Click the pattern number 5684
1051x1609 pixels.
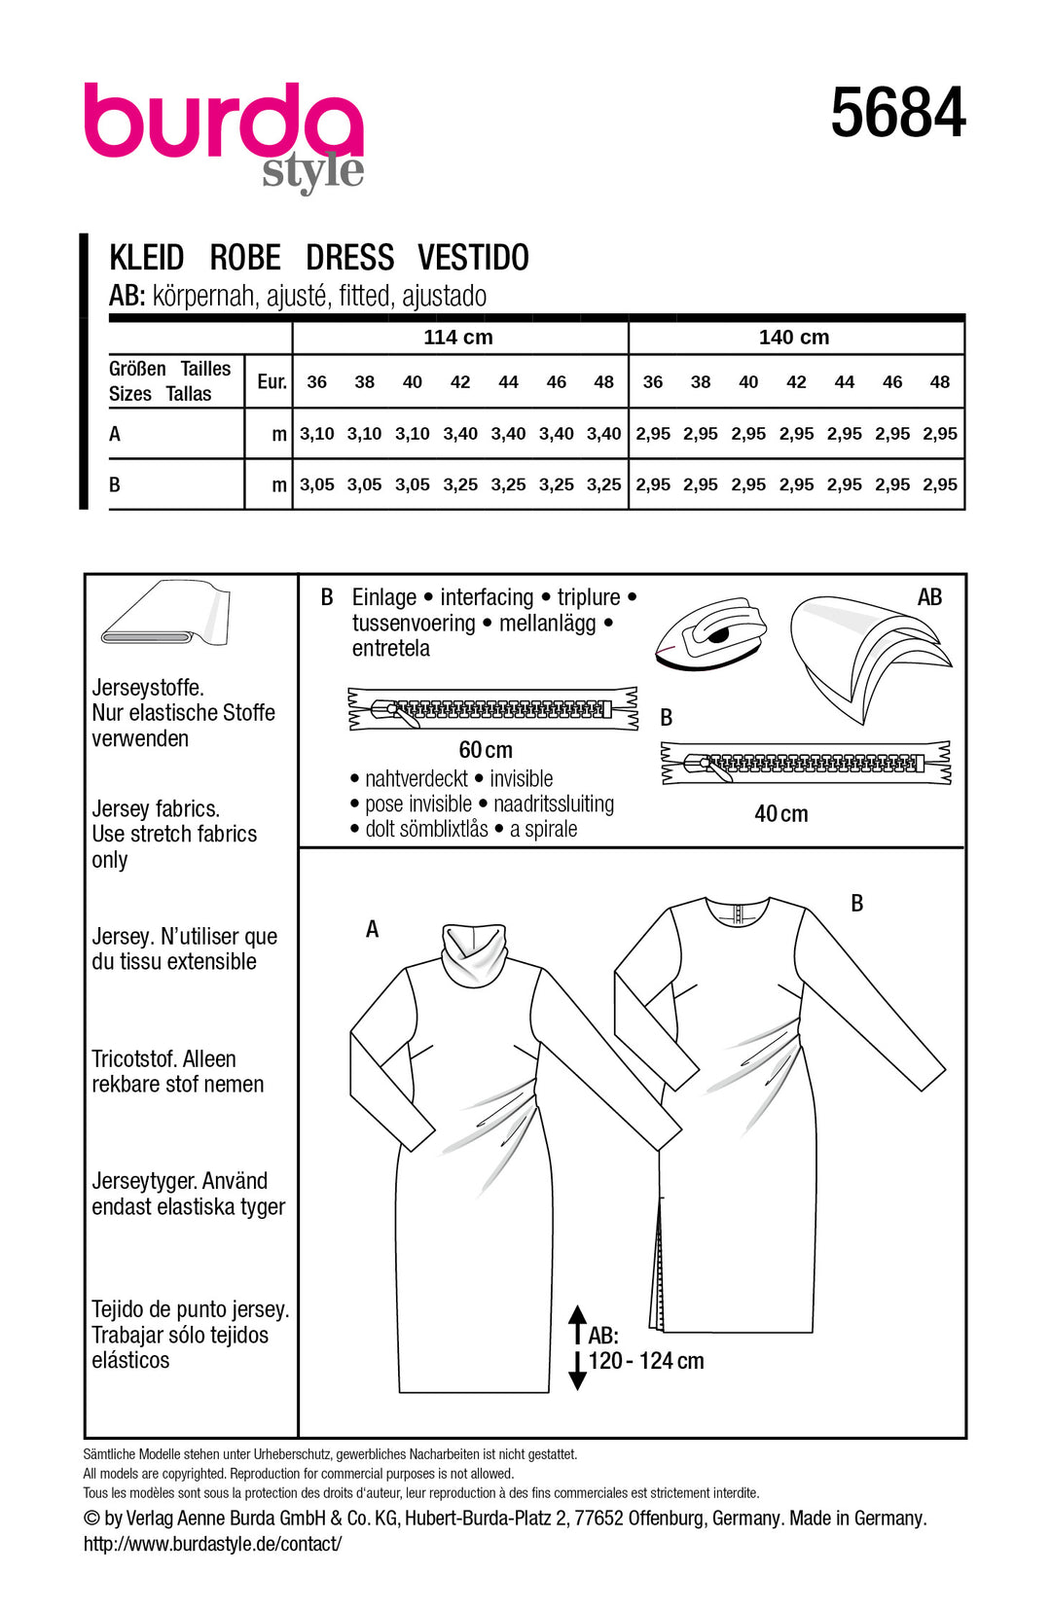897,113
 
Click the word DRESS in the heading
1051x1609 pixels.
349,258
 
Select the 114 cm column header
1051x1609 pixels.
458,338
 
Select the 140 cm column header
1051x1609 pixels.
794,338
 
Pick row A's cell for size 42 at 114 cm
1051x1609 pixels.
460,434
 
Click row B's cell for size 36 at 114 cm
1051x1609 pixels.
316,484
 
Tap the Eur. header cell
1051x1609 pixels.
272,382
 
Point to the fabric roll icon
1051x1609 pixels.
165,615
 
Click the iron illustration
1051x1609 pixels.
710,632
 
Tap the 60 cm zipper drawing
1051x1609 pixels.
492,708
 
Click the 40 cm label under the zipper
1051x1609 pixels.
780,814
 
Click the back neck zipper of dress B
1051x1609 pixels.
738,912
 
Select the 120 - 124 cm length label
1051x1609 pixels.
646,1361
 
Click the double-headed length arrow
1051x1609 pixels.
577,1347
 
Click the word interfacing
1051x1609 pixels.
487,597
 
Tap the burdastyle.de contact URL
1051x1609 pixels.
212,1544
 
